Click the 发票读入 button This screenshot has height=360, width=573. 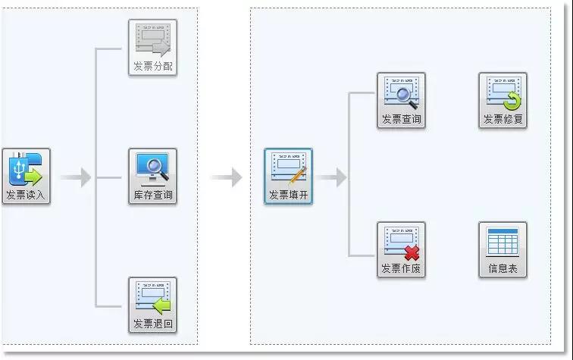[x=26, y=176]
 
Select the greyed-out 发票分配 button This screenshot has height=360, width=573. [x=153, y=48]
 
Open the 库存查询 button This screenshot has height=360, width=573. [x=153, y=176]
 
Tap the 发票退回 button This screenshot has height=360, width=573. [x=153, y=305]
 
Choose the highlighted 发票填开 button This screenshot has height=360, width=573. [x=288, y=176]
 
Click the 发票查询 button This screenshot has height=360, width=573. [x=401, y=101]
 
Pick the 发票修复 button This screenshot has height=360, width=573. [x=503, y=101]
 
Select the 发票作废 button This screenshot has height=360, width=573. [x=401, y=249]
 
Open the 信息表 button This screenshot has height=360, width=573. [x=503, y=249]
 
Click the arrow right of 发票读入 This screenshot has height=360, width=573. [x=76, y=177]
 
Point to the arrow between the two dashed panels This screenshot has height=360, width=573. [x=226, y=177]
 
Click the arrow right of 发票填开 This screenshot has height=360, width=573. [x=330, y=177]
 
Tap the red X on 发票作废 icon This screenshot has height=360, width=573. [x=412, y=253]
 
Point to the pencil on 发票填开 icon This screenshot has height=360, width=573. [x=299, y=175]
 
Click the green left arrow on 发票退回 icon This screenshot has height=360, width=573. [x=161, y=306]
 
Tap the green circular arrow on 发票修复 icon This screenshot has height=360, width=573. [x=512, y=101]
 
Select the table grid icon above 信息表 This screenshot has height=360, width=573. [x=503, y=242]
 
